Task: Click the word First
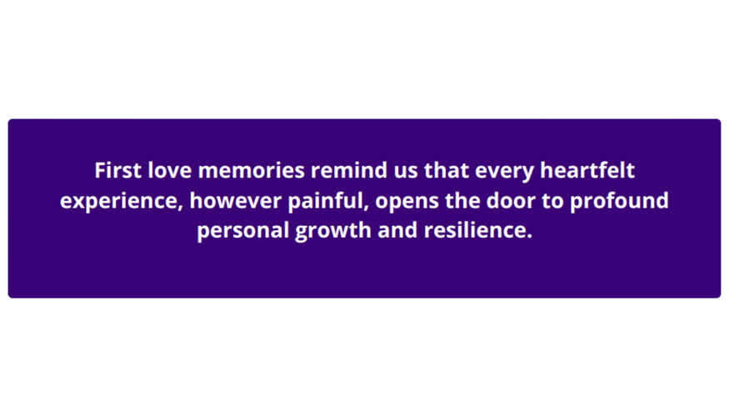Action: pyautogui.click(x=118, y=172)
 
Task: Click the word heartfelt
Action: pyautogui.click(x=587, y=172)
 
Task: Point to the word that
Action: pyautogui.click(x=447, y=172)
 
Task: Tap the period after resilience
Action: pyautogui.click(x=528, y=236)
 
